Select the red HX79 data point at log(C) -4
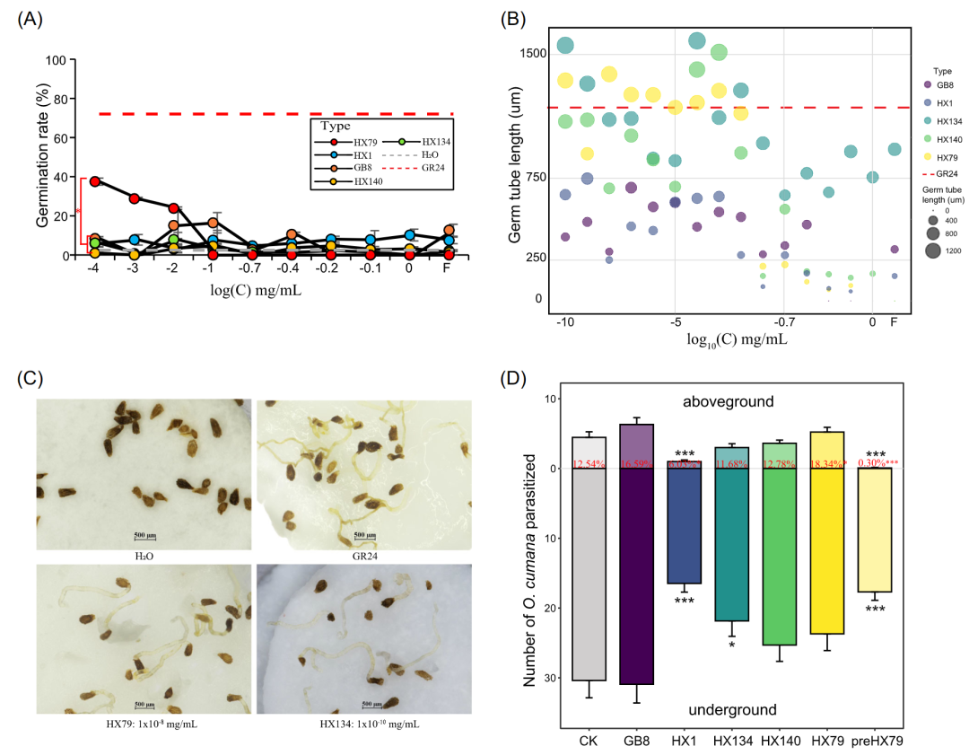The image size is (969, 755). pos(95,181)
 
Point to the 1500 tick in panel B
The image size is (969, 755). pos(533,53)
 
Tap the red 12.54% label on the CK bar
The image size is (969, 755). pos(589,464)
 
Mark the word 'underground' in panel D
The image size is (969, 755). pos(732,710)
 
